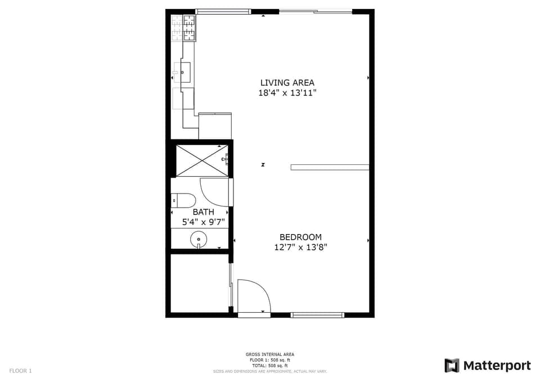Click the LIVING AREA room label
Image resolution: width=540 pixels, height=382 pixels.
(287, 83)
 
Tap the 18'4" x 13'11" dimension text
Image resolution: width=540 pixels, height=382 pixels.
(287, 93)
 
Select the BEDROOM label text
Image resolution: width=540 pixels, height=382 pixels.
(300, 237)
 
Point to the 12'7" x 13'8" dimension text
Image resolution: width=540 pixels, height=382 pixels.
(300, 247)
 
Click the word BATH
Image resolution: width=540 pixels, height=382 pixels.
(203, 212)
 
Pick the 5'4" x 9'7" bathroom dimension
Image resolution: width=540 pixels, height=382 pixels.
(203, 222)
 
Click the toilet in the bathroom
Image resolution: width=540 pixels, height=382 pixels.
(183, 200)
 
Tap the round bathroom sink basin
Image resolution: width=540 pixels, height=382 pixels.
(199, 240)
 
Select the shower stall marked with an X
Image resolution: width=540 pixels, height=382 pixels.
(201, 160)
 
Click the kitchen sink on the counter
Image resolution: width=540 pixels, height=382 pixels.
(182, 73)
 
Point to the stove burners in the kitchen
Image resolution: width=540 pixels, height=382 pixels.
(184, 28)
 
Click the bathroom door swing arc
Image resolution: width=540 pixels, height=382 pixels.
(214, 192)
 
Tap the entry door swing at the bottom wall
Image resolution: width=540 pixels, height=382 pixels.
(254, 296)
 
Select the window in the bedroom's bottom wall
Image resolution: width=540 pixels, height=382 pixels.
(317, 315)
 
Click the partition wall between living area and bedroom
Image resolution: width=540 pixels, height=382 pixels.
(330, 167)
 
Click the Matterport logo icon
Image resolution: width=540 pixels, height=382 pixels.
(452, 366)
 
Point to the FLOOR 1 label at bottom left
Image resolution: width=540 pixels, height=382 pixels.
(21, 371)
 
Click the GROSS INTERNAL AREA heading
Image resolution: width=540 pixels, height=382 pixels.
(270, 354)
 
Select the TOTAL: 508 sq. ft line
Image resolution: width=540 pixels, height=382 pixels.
(270, 366)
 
